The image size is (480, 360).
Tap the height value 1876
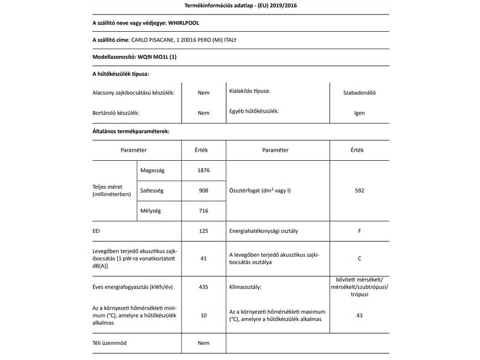point(204,170)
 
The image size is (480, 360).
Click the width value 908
point(204,191)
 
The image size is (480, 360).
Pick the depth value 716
point(204,211)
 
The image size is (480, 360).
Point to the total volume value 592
point(359,191)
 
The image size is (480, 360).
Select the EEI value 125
point(204,230)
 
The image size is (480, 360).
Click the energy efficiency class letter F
point(359,230)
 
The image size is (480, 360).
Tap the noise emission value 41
point(204,259)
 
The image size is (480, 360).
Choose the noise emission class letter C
point(359,259)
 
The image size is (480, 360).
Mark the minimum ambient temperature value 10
point(204,315)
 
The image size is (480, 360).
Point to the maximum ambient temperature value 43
point(359,315)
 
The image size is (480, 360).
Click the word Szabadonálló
point(359,93)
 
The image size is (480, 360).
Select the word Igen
point(359,113)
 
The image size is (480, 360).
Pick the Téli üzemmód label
point(110,343)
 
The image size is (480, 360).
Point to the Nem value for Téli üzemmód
point(204,343)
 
